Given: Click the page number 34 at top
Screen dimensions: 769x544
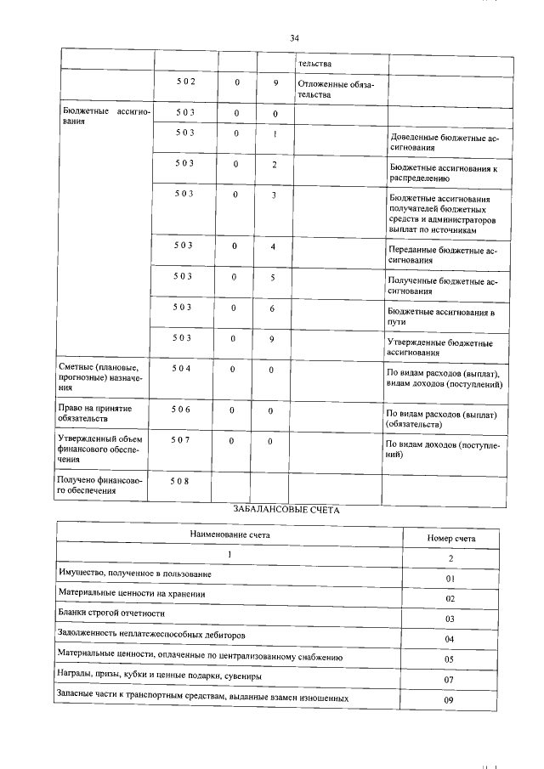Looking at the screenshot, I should (x=294, y=38).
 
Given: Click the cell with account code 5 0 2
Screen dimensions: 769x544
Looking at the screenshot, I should (x=185, y=82).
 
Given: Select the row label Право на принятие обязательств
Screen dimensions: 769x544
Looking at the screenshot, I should (x=95, y=414).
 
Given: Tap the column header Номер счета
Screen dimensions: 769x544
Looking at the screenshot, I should (x=450, y=538).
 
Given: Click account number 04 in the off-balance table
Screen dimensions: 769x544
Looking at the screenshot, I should (x=450, y=638).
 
